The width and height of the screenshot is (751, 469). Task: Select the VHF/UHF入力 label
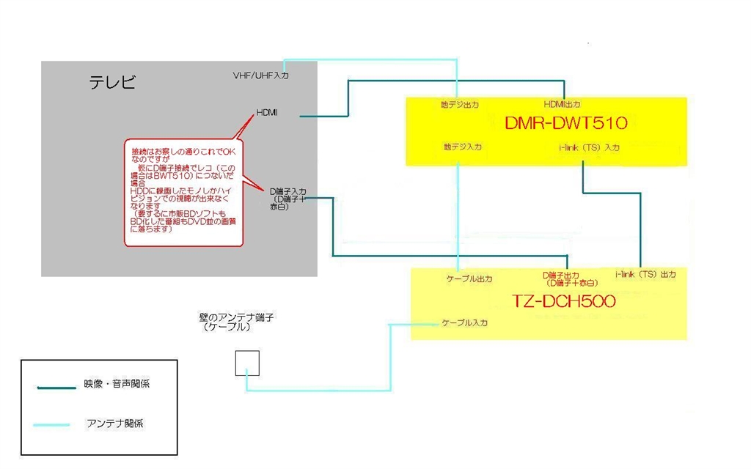(260, 76)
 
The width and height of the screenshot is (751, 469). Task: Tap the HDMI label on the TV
(266, 112)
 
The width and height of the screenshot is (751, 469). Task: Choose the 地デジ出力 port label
(459, 105)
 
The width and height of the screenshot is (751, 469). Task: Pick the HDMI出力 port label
(563, 104)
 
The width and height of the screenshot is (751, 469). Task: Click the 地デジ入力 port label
(462, 147)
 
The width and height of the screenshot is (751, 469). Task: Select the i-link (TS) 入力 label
(589, 148)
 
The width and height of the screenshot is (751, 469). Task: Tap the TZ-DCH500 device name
(564, 301)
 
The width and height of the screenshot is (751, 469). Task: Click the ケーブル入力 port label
(464, 322)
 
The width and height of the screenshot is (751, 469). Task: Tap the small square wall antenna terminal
(247, 363)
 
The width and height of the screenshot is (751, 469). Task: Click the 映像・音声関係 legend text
(117, 383)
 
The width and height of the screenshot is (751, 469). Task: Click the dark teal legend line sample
(54, 388)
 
